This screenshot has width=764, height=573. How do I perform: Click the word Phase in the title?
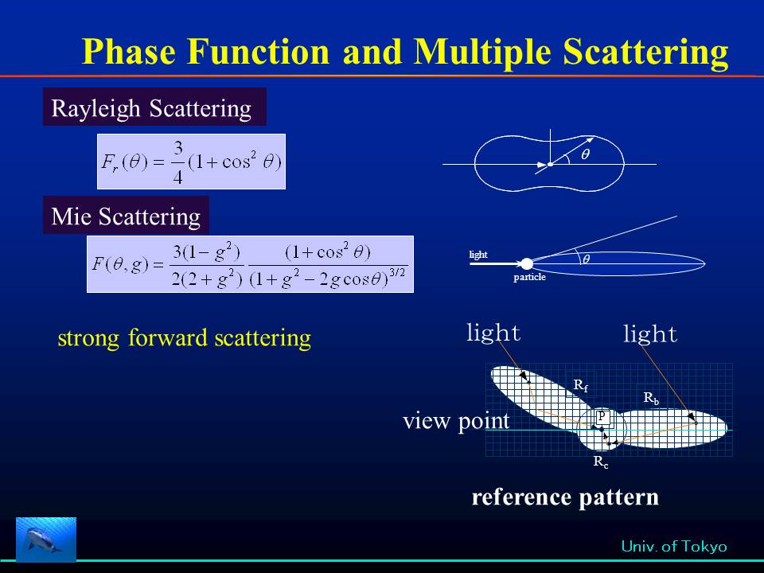129,52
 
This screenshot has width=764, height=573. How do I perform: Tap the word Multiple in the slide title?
482,53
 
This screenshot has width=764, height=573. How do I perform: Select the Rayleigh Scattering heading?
151,108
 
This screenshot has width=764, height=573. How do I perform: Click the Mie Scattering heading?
126,216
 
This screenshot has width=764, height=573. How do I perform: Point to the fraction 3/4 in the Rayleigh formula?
177,162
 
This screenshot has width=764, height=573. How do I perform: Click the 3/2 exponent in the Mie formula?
397,272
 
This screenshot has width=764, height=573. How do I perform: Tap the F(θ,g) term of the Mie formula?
120,264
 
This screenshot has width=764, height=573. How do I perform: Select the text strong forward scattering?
184,337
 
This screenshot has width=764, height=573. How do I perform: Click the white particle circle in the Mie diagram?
527,264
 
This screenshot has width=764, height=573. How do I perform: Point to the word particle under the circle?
530,277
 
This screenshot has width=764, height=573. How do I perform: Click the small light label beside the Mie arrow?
478,255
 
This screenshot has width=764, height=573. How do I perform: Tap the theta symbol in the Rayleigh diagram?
586,154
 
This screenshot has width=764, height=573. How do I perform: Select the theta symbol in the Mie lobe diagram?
587,259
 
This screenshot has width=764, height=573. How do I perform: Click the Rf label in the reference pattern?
581,385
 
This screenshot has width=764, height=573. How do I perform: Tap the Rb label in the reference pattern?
652,398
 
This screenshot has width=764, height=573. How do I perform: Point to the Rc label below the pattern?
601,462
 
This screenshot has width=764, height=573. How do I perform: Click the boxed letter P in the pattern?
602,416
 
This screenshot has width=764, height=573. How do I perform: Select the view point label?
456,420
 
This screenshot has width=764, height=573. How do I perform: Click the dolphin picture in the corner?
46,539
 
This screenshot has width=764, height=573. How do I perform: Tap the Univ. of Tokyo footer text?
674,546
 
